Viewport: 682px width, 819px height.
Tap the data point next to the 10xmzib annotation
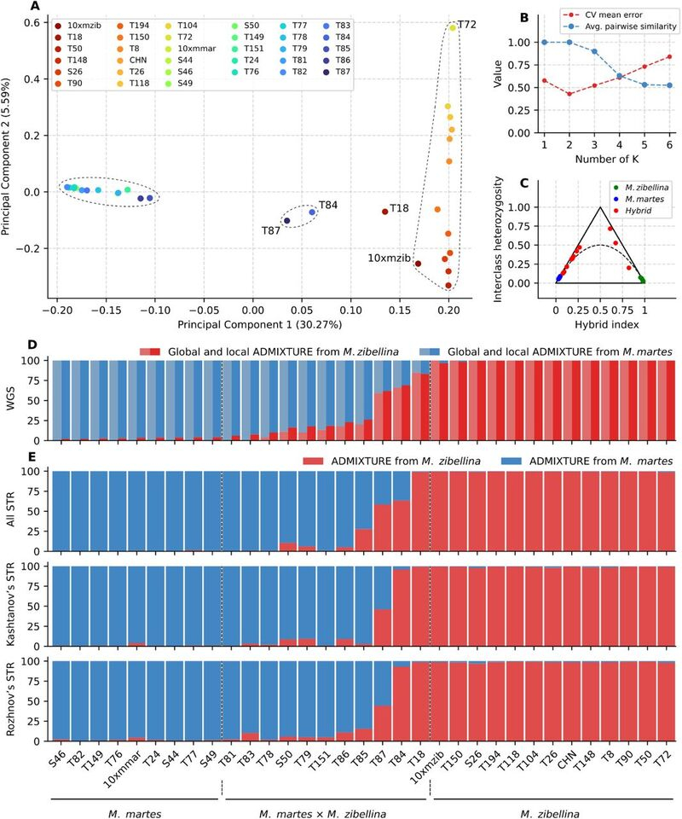tap(418, 264)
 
